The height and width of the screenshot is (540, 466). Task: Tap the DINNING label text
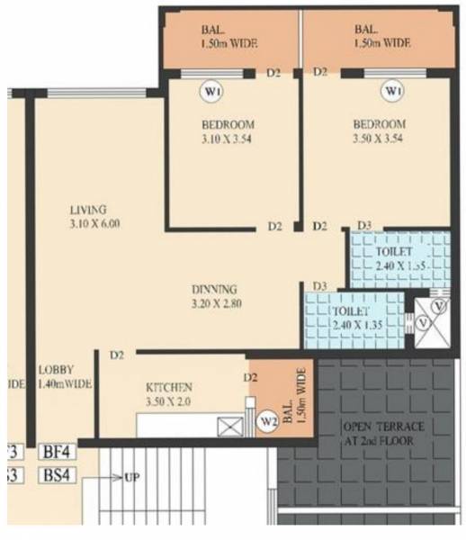click(214, 290)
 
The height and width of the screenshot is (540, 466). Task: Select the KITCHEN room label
click(170, 388)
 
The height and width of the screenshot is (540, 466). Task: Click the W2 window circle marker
click(267, 420)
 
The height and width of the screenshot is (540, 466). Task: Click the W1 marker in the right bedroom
click(391, 92)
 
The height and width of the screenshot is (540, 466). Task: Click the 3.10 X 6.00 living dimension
click(94, 223)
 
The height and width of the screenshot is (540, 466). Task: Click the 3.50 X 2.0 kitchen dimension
click(170, 401)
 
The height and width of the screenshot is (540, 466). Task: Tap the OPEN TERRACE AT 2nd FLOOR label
click(377, 431)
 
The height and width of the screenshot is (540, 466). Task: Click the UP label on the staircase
click(132, 476)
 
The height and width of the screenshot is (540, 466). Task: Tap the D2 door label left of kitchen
click(117, 355)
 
